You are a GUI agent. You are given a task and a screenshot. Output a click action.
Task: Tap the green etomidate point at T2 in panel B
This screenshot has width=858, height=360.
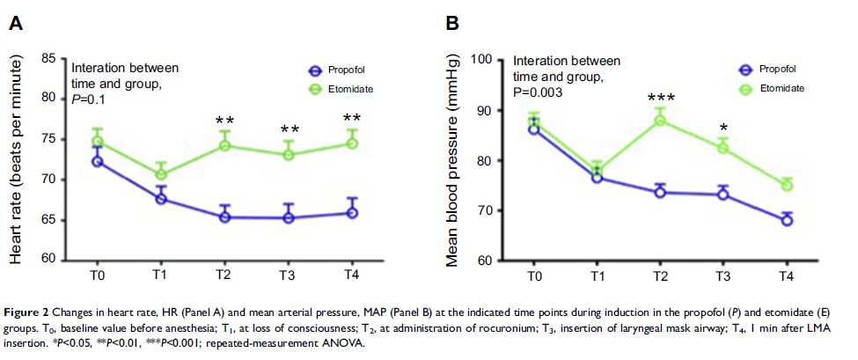click(659, 120)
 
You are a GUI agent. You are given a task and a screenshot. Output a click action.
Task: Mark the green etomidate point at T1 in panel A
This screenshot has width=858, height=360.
click(161, 174)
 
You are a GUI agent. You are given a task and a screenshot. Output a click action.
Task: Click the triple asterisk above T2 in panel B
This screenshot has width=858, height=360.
click(660, 99)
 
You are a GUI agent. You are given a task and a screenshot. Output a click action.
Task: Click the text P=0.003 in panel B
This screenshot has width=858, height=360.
click(540, 92)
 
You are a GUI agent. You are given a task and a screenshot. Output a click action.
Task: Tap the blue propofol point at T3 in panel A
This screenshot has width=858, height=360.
click(288, 217)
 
